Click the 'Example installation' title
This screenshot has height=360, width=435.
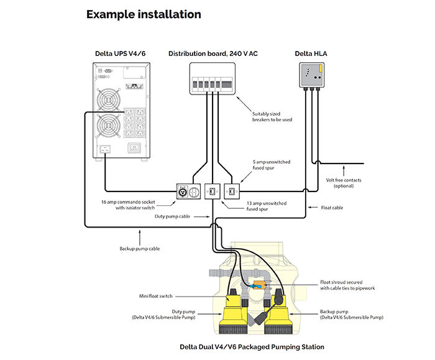[144, 14]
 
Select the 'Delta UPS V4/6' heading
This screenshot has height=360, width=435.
[121, 54]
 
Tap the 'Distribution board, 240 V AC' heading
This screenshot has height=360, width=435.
[213, 54]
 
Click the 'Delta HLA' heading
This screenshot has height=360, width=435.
[311, 54]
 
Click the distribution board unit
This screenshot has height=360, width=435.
[213, 81]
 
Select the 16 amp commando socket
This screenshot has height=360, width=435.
[185, 190]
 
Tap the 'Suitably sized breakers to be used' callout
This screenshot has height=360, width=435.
[272, 117]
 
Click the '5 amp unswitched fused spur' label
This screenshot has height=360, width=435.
[271, 165]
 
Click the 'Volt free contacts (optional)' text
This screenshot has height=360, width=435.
[343, 183]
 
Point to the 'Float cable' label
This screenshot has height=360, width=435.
[331, 208]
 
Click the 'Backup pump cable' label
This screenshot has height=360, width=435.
[140, 249]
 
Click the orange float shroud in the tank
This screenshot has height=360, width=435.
[257, 287]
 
